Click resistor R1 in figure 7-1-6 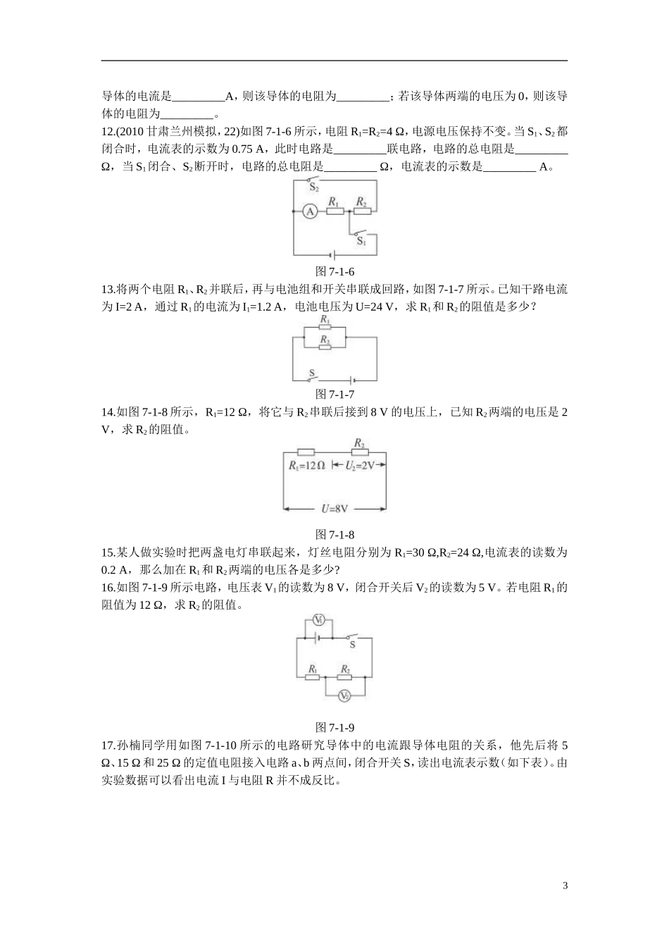tap(334, 210)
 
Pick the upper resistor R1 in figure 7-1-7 tap(325, 328)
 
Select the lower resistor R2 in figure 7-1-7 tap(325, 347)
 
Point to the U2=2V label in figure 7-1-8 tap(359, 466)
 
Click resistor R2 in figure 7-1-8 tap(359, 452)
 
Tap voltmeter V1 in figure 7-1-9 tap(318, 620)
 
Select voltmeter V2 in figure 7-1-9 tap(344, 695)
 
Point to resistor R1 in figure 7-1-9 tap(313, 677)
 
